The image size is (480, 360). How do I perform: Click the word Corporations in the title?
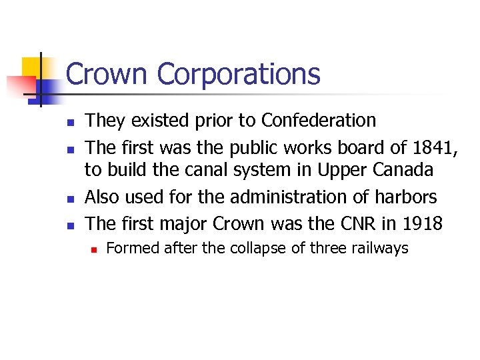tap(239, 74)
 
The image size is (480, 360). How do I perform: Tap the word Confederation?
tap(319, 121)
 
